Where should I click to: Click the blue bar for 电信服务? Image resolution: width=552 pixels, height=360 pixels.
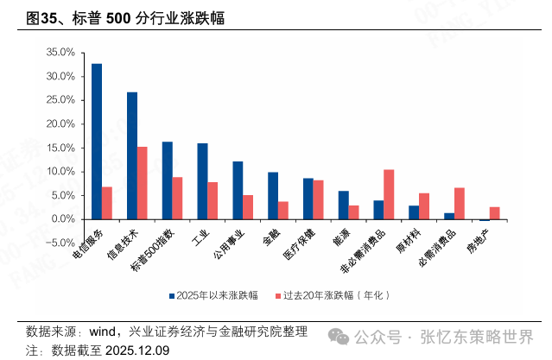97,142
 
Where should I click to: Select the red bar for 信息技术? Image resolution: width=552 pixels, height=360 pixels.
143,183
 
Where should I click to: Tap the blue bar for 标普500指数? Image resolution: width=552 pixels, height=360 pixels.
167,180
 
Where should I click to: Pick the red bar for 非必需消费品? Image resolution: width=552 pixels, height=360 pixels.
389,194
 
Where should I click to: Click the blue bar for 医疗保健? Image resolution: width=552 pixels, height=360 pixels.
308,199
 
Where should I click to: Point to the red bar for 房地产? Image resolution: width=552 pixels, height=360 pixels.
494,213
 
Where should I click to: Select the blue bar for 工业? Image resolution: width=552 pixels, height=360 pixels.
202,181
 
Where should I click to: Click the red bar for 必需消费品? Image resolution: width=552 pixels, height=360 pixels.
460,204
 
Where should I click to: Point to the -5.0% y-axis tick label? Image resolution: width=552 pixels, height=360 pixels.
60,243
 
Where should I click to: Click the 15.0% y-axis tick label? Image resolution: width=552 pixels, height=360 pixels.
60,148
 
